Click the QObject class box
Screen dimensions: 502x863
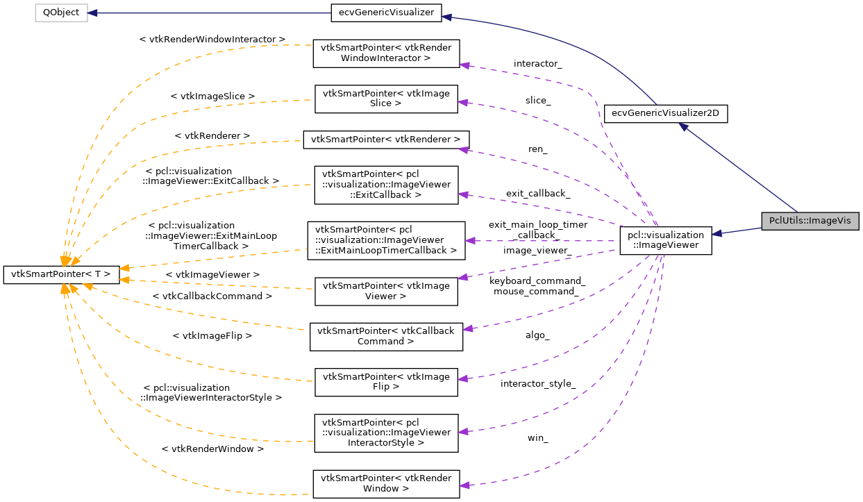pos(62,12)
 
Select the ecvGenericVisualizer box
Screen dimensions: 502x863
pos(385,12)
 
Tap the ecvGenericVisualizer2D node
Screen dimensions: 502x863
pos(666,113)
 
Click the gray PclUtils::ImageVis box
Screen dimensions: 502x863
pos(810,221)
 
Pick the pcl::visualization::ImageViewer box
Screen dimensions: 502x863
pos(665,240)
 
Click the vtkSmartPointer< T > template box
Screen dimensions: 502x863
pos(61,274)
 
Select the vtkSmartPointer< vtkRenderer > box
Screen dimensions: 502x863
pos(386,139)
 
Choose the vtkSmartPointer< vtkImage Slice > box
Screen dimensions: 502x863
pos(386,99)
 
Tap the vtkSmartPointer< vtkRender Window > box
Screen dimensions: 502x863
pos(386,483)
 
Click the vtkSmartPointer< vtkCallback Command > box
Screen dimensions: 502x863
pos(386,336)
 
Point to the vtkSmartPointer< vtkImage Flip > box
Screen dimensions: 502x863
pos(386,382)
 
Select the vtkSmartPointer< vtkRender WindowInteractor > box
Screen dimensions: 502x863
pos(386,53)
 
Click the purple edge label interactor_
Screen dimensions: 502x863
pos(537,64)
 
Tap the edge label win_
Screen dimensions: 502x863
pos(537,438)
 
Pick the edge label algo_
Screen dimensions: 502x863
pos(537,335)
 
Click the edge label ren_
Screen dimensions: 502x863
pos(537,149)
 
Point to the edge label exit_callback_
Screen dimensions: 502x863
pos(538,194)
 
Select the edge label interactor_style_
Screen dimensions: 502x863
pos(538,384)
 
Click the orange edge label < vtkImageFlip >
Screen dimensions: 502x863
pos(212,335)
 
